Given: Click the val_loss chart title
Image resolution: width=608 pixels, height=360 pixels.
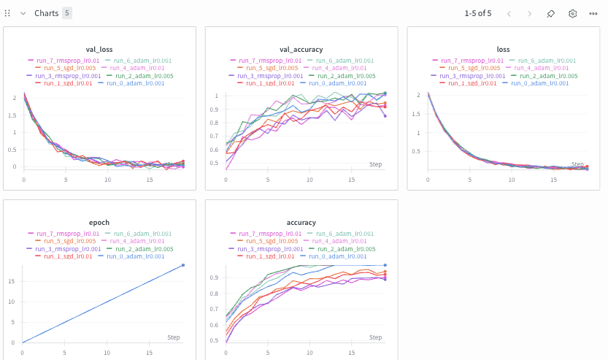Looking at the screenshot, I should (x=99, y=49).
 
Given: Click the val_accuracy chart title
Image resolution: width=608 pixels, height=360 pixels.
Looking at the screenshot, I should (x=301, y=49).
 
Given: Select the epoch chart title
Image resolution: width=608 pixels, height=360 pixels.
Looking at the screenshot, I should (x=99, y=222).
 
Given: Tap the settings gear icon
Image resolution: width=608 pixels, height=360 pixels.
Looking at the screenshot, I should (x=572, y=13).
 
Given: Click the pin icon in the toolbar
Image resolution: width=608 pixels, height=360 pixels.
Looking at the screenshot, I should (x=551, y=13).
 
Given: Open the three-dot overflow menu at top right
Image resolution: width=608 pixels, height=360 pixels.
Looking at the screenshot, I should (x=593, y=13).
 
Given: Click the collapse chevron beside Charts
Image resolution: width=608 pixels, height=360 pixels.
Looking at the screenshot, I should (x=23, y=13).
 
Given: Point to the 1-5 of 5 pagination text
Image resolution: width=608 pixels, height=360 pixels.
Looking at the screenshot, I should (x=478, y=13).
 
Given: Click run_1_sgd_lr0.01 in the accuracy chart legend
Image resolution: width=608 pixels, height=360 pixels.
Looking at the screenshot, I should (x=269, y=256).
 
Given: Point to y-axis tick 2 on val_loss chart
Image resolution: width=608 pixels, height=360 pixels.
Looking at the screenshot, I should (x=14, y=98).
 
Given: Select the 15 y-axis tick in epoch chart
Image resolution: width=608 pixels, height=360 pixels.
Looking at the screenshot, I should (x=12, y=280).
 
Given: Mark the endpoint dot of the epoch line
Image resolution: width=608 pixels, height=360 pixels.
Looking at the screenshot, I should (x=182, y=265).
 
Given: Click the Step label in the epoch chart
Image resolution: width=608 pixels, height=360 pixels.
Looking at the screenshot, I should (x=174, y=337).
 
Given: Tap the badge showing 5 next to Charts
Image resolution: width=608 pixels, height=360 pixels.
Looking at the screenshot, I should (x=67, y=13).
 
